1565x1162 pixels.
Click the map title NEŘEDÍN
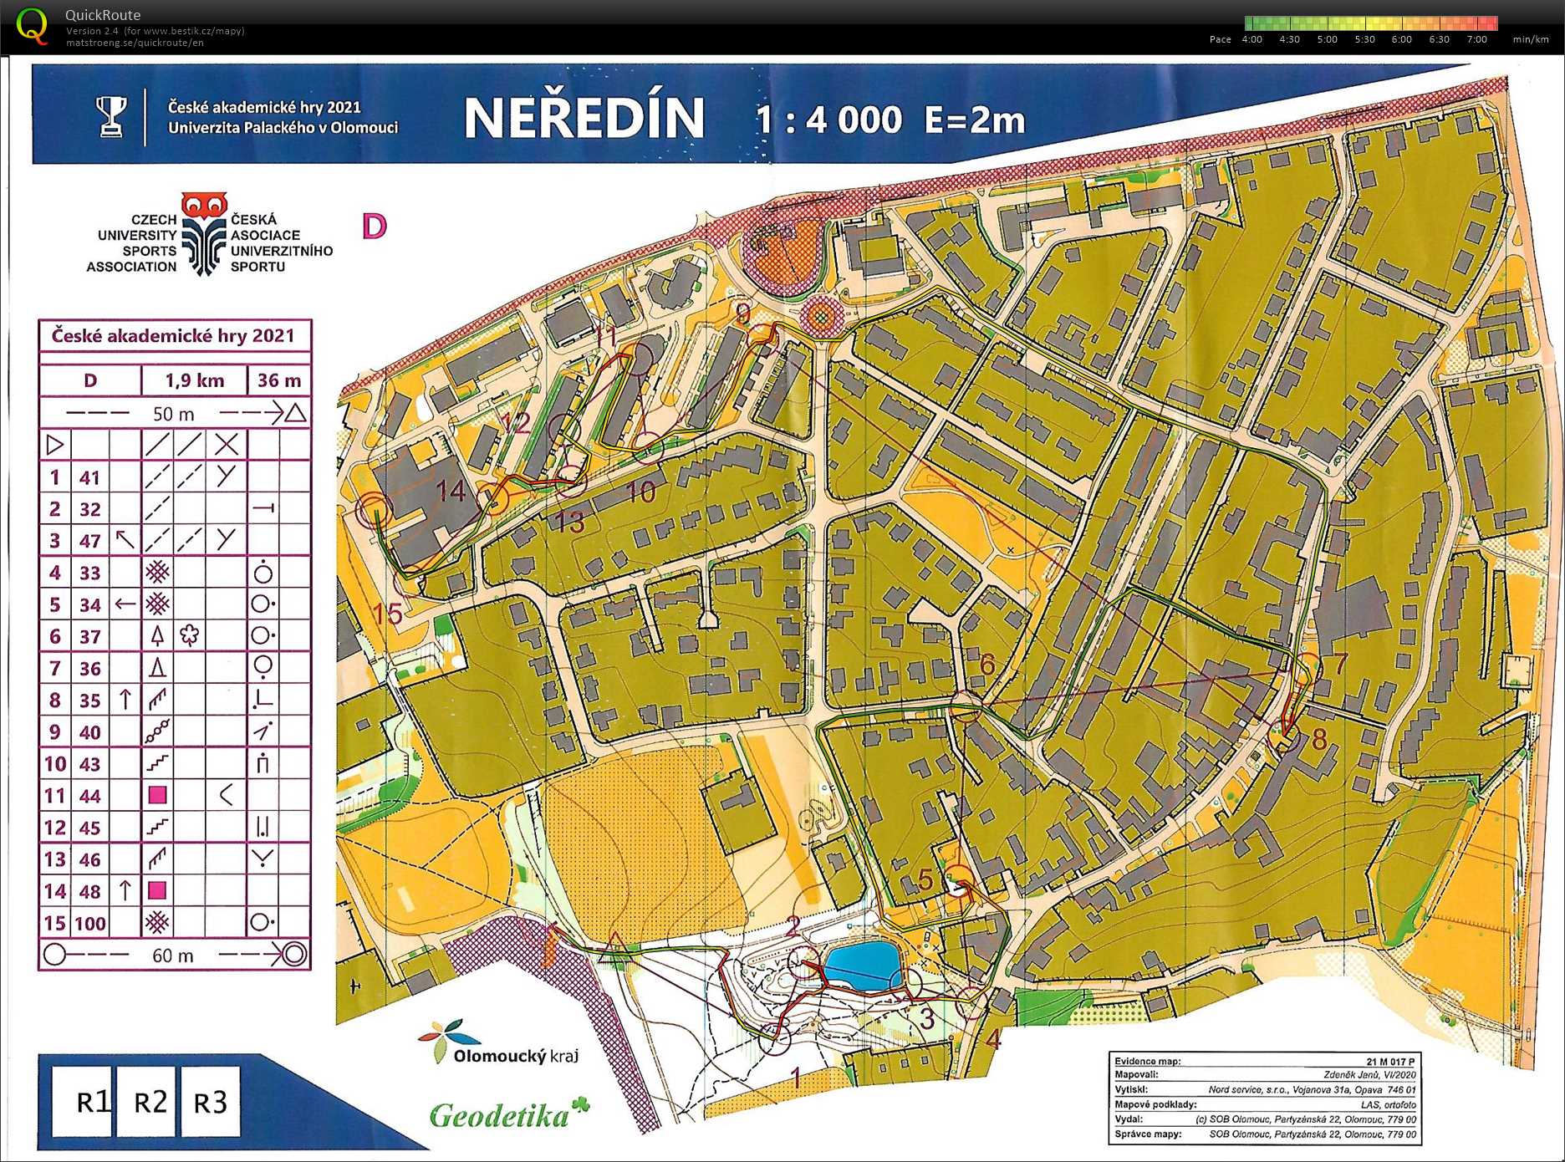(584, 118)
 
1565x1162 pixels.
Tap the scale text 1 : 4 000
(828, 120)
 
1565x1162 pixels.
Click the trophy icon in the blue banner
(110, 117)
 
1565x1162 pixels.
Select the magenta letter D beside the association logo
(374, 226)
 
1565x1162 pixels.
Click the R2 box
(150, 1102)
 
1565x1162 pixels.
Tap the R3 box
(210, 1103)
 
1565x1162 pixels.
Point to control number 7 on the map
(1339, 664)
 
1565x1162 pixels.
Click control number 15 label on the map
(388, 614)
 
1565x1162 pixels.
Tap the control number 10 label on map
(640, 492)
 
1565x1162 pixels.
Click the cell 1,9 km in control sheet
(194, 380)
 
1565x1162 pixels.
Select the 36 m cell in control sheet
(279, 380)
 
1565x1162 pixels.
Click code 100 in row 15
(90, 924)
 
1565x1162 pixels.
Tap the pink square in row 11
(157, 795)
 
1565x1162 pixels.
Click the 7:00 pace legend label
(1476, 39)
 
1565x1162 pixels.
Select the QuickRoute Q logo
(32, 25)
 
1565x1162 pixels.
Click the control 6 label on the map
(987, 665)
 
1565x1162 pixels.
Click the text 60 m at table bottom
(173, 956)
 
